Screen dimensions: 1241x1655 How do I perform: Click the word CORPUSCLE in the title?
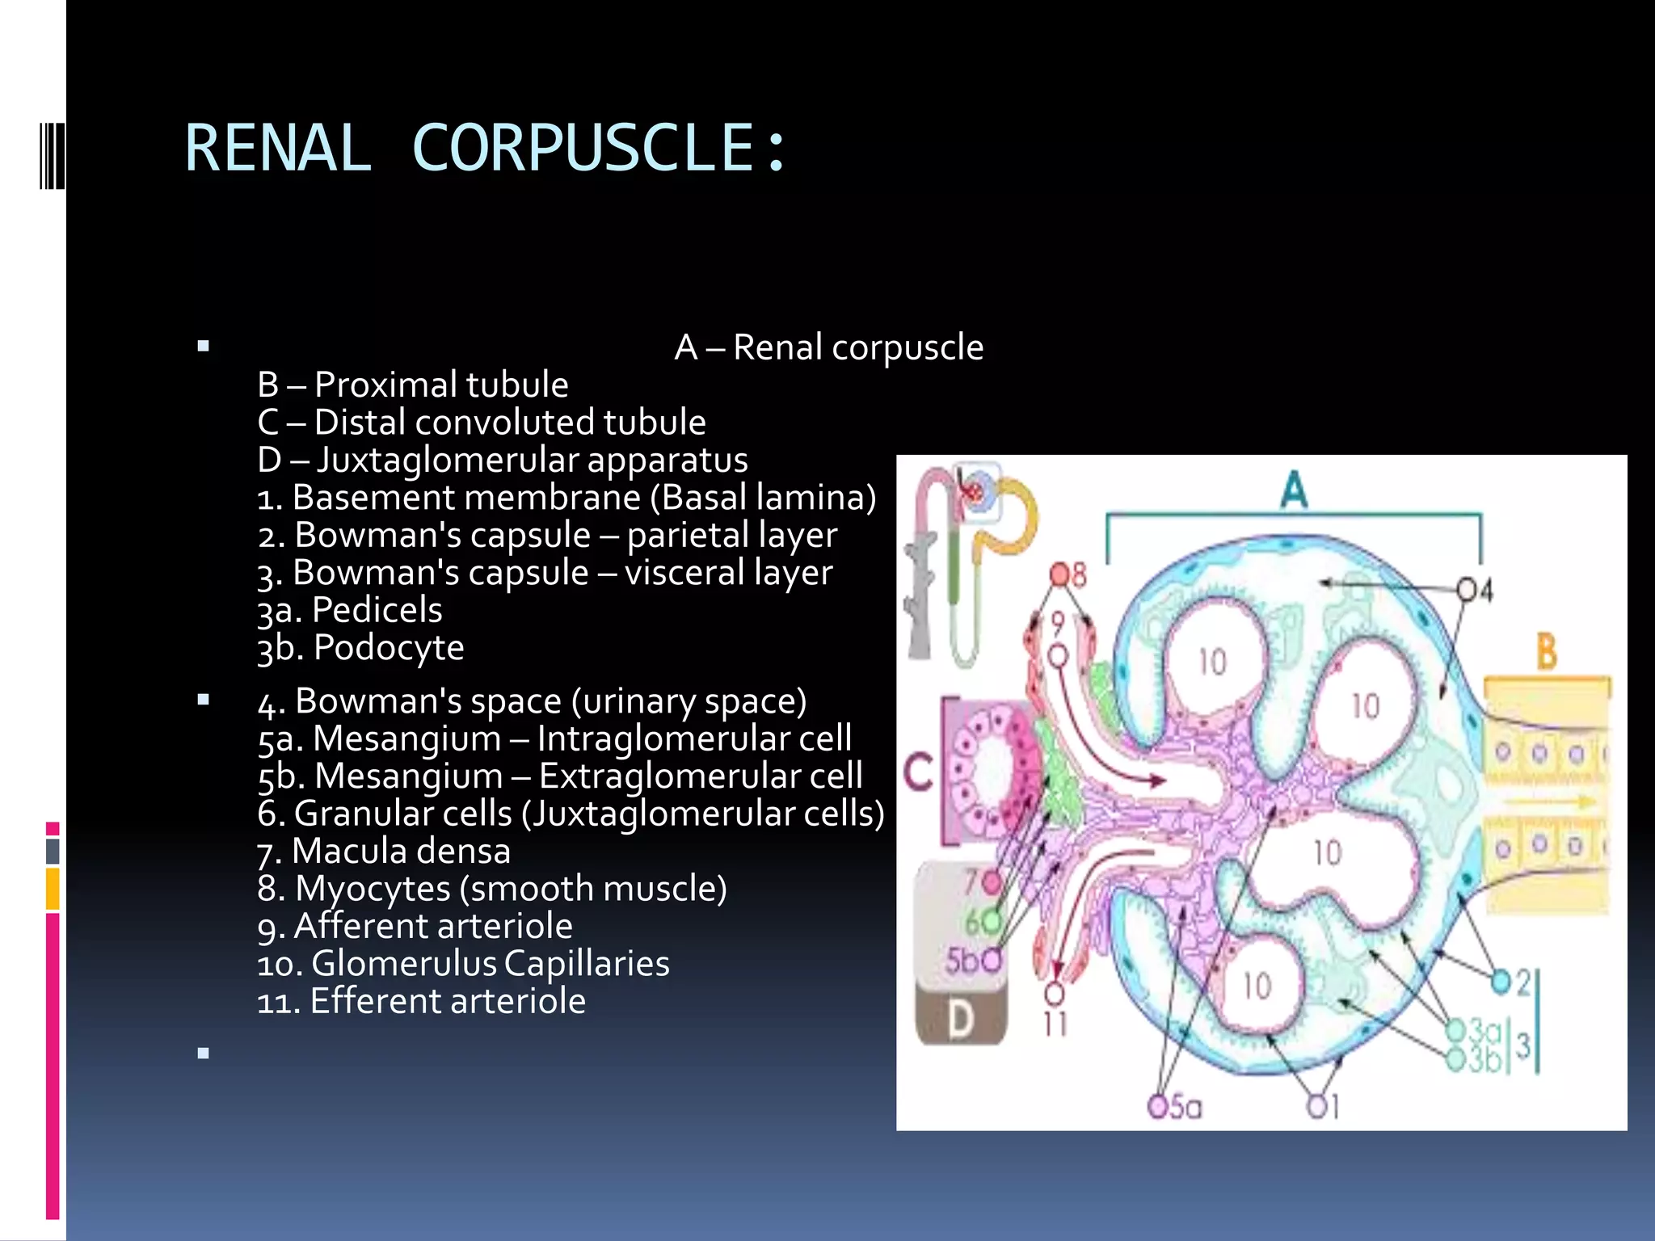583,148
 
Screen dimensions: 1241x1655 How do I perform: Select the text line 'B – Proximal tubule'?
412,385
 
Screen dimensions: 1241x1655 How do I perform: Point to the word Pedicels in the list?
377,610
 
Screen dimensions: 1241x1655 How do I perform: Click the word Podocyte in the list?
388,648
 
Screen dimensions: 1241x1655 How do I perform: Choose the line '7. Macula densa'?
383,851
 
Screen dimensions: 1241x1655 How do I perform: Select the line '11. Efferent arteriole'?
420,1001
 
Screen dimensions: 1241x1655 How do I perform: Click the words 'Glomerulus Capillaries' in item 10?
490,963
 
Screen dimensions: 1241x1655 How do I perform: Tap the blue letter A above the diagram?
1294,490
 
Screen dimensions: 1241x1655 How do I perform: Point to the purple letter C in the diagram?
919,772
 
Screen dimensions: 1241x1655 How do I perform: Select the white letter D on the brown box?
960,1020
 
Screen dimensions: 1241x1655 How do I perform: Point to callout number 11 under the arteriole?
1055,1023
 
